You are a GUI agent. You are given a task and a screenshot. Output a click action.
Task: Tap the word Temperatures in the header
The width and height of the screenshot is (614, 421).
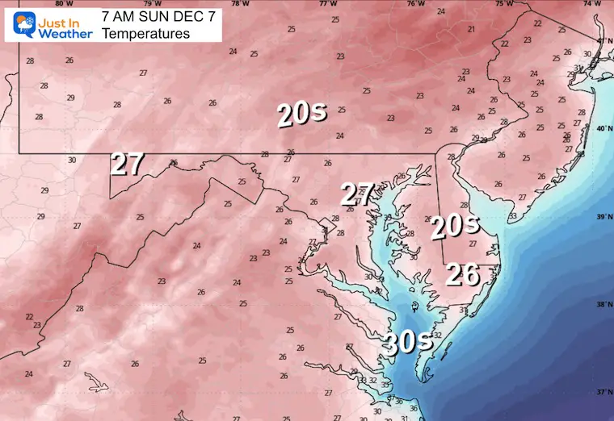pos(146,34)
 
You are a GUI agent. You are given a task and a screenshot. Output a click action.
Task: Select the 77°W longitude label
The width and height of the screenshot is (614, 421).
pos(326,4)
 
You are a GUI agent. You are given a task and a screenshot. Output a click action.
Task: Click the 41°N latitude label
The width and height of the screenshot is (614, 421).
pos(602,40)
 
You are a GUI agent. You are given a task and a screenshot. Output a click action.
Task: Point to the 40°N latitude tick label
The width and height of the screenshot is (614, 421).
pos(602,128)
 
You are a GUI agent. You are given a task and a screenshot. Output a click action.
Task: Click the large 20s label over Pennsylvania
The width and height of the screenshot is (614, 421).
pos(301,114)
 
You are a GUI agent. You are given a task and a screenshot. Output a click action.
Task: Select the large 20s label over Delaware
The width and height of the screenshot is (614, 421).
pos(454,227)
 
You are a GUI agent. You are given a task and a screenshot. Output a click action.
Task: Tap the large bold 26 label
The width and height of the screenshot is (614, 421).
pos(465,274)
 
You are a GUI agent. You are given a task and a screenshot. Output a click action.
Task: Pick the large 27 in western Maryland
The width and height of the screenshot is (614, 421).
pos(127,164)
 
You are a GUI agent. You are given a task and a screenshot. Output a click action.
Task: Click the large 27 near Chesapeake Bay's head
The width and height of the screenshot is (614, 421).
pos(356,194)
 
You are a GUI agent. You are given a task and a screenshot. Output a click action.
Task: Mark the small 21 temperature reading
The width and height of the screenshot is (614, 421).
pos(471,29)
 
